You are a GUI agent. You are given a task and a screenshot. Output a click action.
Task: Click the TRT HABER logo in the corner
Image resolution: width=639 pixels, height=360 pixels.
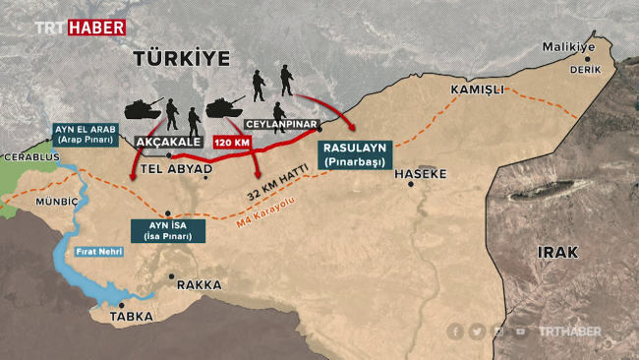pyautogui.click(x=80, y=27)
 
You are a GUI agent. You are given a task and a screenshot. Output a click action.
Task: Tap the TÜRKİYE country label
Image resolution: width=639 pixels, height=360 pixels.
pyautogui.click(x=182, y=60)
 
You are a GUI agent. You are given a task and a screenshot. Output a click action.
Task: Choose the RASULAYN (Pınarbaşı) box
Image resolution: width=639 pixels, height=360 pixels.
pyautogui.click(x=355, y=153)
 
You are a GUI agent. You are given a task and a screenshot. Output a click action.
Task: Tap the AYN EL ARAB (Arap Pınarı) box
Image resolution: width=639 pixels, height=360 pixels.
pyautogui.click(x=85, y=134)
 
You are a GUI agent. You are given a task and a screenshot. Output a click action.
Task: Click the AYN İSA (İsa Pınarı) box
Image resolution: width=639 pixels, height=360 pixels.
pyautogui.click(x=168, y=231)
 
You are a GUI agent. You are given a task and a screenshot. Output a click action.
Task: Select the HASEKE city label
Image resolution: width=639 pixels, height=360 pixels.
pyautogui.click(x=420, y=174)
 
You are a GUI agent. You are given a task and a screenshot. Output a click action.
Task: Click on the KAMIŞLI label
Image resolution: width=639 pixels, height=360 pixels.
pyautogui.click(x=477, y=90)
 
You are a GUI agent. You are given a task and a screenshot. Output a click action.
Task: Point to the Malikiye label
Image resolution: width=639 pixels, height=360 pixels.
pyautogui.click(x=569, y=47)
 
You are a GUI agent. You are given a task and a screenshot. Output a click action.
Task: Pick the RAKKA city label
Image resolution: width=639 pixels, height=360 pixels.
pyautogui.click(x=199, y=285)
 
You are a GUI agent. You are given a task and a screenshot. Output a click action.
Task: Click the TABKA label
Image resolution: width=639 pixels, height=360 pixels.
pyautogui.click(x=130, y=317)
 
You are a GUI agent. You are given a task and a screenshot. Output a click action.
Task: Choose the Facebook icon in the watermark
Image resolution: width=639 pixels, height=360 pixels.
pyautogui.click(x=456, y=331)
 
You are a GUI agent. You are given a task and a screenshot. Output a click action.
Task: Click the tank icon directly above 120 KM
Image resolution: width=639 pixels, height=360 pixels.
pyautogui.click(x=226, y=106)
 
